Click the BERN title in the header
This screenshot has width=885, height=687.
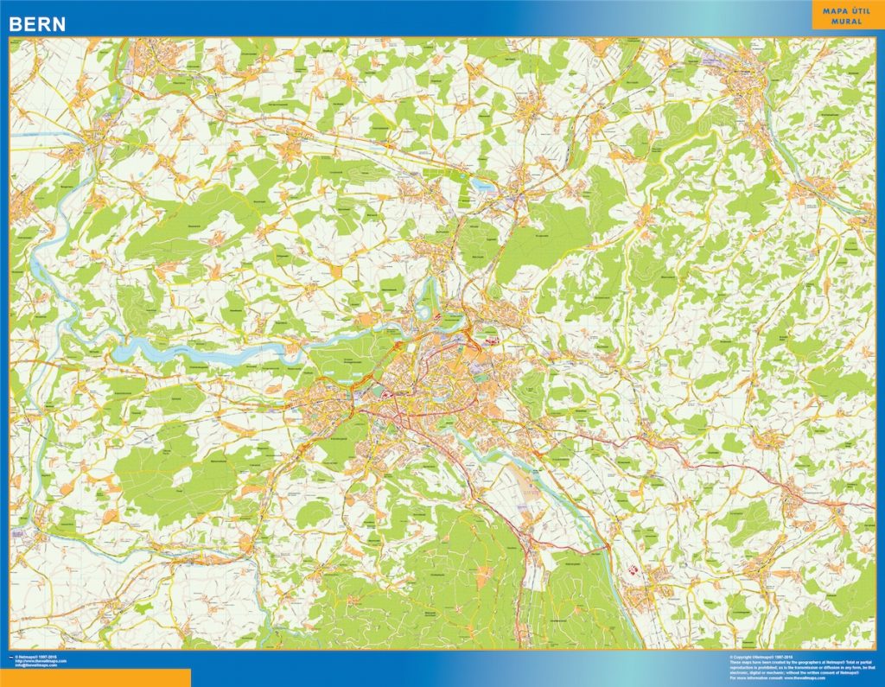pos(37,25)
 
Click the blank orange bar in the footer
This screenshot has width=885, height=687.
pos(95,677)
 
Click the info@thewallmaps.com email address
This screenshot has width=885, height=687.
pos(36,665)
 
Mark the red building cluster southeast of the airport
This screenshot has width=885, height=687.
pos(629,570)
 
